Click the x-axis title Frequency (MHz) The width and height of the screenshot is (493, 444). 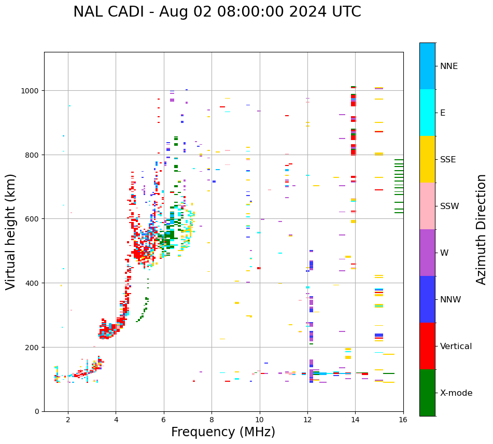pos(223,432)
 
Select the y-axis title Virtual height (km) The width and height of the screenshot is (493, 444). pos(11,232)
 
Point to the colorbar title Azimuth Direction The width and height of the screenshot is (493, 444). pos(482,229)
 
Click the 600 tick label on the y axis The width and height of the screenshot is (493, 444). pos(34,219)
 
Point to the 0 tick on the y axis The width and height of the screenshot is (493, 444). pos(38,411)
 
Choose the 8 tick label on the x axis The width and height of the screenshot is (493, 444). pos(212,421)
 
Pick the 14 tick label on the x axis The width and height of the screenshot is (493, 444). pos(355,421)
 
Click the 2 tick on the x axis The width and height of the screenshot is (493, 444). pos(68,421)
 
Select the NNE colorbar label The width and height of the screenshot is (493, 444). pos(449,66)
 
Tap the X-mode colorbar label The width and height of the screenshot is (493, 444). pos(456,393)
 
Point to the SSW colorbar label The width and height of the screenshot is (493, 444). pos(449,206)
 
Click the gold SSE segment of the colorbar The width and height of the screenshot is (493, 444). pos(427,159)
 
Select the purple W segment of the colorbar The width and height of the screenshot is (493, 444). pos(427,253)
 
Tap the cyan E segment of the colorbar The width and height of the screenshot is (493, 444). pos(427,113)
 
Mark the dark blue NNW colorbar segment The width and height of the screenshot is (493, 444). pos(427,299)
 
